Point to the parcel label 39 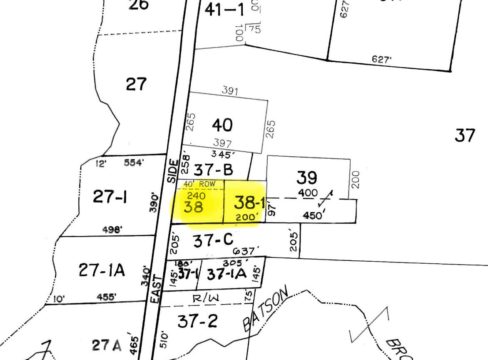pyautogui.click(x=307, y=178)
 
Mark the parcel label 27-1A pyautogui.click(x=102, y=270)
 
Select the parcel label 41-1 pyautogui.click(x=224, y=10)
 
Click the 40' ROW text pyautogui.click(x=200, y=184)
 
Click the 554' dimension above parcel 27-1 pyautogui.click(x=134, y=162)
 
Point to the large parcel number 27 pyautogui.click(x=136, y=84)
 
